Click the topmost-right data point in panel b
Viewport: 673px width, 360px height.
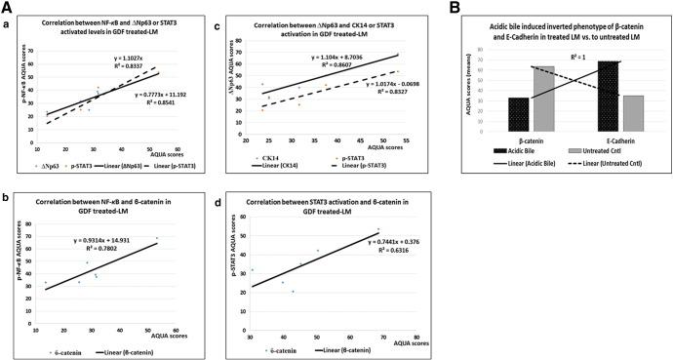point(156,238)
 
